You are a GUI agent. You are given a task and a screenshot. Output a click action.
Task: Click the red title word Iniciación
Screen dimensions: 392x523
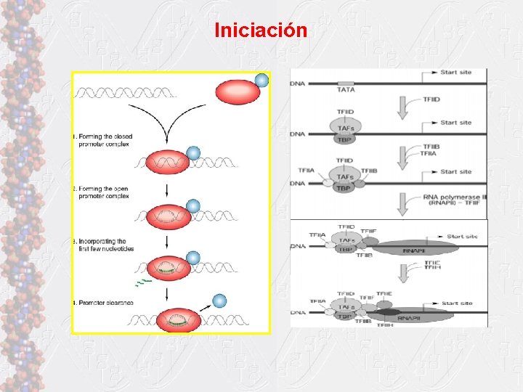261,31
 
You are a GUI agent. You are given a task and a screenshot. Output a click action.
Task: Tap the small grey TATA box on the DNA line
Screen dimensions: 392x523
346,83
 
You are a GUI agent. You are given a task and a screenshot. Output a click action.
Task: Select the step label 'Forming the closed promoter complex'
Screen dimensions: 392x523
102,140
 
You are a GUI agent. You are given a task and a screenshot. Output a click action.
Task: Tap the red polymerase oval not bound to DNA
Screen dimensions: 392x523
237,92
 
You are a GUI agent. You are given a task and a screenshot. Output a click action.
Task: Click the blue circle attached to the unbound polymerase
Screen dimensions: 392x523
261,80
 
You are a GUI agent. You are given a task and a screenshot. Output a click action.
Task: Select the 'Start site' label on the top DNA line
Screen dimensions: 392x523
455,73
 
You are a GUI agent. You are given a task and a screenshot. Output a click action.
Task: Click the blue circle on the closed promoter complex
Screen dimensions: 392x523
193,153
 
